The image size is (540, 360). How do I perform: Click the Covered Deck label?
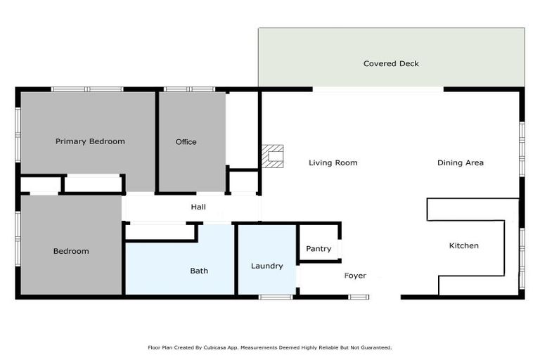391,64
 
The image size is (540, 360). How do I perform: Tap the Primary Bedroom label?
90,141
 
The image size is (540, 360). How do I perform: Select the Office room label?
186,142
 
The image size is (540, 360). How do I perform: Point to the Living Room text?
333,163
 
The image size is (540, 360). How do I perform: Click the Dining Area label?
460,163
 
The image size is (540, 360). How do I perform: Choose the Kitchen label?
463,245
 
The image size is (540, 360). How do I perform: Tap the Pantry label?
319,249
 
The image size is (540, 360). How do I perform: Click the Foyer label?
355,276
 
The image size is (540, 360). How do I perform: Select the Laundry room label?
266,266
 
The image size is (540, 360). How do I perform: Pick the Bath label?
199,271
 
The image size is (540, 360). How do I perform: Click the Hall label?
198,207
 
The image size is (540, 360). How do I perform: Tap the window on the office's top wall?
189,89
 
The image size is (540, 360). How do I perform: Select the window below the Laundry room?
276,297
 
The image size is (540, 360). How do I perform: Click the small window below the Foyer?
359,297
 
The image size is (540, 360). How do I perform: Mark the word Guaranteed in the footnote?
377,347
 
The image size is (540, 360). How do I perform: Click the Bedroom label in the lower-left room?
71,251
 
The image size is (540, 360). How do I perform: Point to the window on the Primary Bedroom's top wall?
87,89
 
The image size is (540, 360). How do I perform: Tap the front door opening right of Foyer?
385,297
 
